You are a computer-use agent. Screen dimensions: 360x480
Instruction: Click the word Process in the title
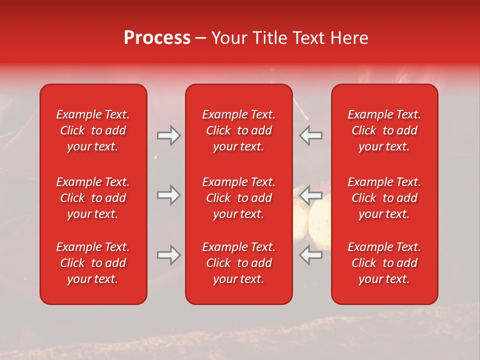click(157, 38)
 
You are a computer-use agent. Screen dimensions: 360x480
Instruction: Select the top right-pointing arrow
click(168, 135)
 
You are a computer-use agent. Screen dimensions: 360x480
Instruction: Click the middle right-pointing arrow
click(168, 195)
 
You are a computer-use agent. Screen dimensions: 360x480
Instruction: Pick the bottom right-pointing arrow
click(168, 255)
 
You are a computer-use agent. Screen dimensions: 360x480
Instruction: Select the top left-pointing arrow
click(311, 135)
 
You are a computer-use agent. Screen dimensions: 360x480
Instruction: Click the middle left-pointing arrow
click(311, 195)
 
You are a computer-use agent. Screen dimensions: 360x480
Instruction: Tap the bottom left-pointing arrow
click(311, 255)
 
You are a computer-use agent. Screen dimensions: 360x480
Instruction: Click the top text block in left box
click(93, 130)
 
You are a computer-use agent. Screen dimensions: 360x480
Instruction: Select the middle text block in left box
click(93, 198)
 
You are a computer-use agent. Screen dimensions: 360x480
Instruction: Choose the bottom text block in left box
click(93, 263)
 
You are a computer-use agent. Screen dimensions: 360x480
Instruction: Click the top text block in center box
click(238, 130)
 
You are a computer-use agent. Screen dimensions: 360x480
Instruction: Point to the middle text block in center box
click(238, 198)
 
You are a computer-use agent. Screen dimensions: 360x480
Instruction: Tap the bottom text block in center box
click(238, 263)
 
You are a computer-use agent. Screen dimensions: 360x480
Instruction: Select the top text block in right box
click(384, 130)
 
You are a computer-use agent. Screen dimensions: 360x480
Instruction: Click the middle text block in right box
click(384, 198)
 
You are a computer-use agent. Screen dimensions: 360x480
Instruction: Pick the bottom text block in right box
click(384, 263)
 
